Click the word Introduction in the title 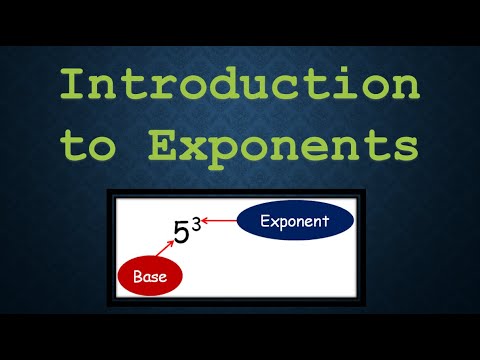coord(239,85)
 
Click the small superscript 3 coord(196,225)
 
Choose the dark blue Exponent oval coord(295,222)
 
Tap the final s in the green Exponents coord(401,146)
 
